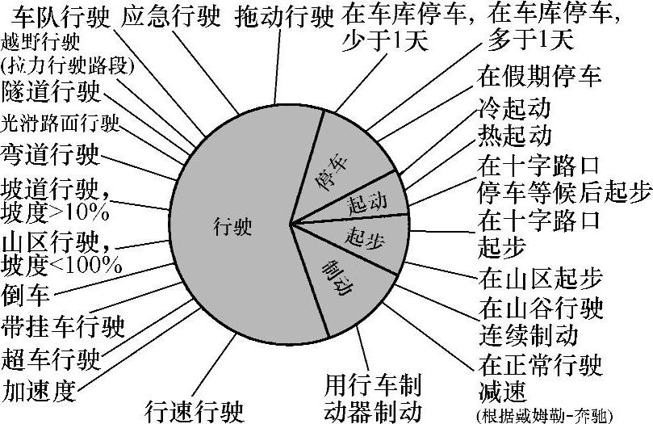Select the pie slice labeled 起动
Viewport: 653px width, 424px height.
pyautogui.click(x=366, y=202)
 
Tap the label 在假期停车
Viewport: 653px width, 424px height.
pyautogui.click(x=539, y=78)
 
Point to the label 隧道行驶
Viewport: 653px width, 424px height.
pyautogui.click(x=52, y=91)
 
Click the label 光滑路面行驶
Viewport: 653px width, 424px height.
pyautogui.click(x=61, y=123)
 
